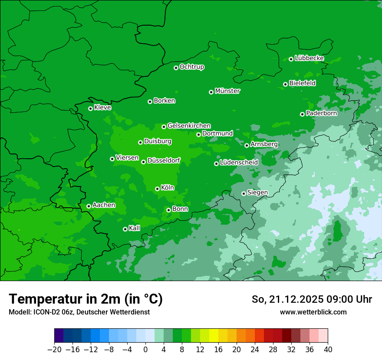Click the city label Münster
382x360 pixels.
pyautogui.click(x=227, y=91)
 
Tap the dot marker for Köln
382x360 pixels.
pyautogui.click(x=157, y=189)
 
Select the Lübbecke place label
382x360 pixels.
pyautogui.click(x=309, y=58)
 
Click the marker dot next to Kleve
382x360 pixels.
pyautogui.click(x=90, y=108)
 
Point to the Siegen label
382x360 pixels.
pyautogui.click(x=257, y=193)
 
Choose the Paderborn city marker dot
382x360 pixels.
pyautogui.click(x=302, y=114)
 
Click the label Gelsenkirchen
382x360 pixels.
pyautogui.click(x=189, y=126)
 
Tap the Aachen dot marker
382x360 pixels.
pyautogui.click(x=89, y=206)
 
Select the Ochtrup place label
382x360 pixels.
pyautogui.click(x=192, y=67)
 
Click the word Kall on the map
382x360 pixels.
pyautogui.click(x=135, y=228)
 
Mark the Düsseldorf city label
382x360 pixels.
pyautogui.click(x=164, y=161)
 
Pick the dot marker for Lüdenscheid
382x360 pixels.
pyautogui.click(x=216, y=164)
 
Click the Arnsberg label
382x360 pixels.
pyautogui.click(x=264, y=144)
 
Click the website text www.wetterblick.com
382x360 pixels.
pyautogui.click(x=313, y=312)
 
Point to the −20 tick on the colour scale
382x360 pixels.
pyautogui.click(x=54, y=350)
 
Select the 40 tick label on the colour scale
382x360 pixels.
pyautogui.click(x=328, y=350)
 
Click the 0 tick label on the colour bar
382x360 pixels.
pyautogui.click(x=145, y=350)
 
